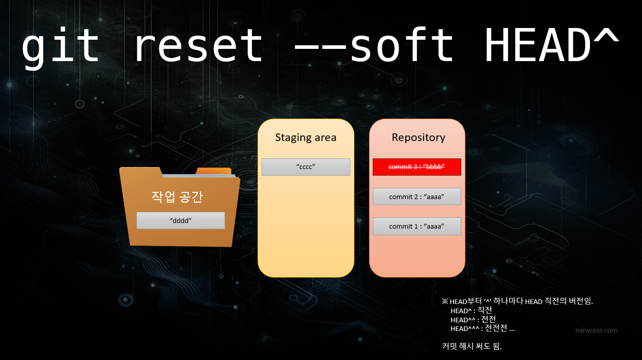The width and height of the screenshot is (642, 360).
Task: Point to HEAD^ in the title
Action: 551,44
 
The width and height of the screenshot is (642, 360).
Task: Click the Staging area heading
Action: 305,138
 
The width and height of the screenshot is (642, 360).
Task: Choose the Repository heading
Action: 418,138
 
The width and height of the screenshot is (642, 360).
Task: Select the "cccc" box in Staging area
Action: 306,167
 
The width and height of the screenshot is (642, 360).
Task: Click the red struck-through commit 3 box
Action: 417,167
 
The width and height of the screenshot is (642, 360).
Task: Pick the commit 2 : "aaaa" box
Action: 417,197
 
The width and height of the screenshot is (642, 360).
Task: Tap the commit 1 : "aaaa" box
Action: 417,227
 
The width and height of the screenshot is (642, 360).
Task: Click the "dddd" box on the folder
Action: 181,220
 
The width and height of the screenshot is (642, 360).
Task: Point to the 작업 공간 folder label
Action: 177,197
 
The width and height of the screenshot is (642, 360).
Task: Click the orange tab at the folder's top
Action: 214,172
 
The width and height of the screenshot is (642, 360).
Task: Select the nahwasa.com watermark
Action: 596,330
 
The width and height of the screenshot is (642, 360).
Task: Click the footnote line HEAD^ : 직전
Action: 471,311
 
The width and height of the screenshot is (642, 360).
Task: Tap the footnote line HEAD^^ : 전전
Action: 473,319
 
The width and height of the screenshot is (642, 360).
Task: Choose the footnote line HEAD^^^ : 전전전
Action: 482,328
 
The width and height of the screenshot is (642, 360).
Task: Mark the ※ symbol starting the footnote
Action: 445,301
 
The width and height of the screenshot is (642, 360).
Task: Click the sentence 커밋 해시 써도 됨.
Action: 472,346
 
